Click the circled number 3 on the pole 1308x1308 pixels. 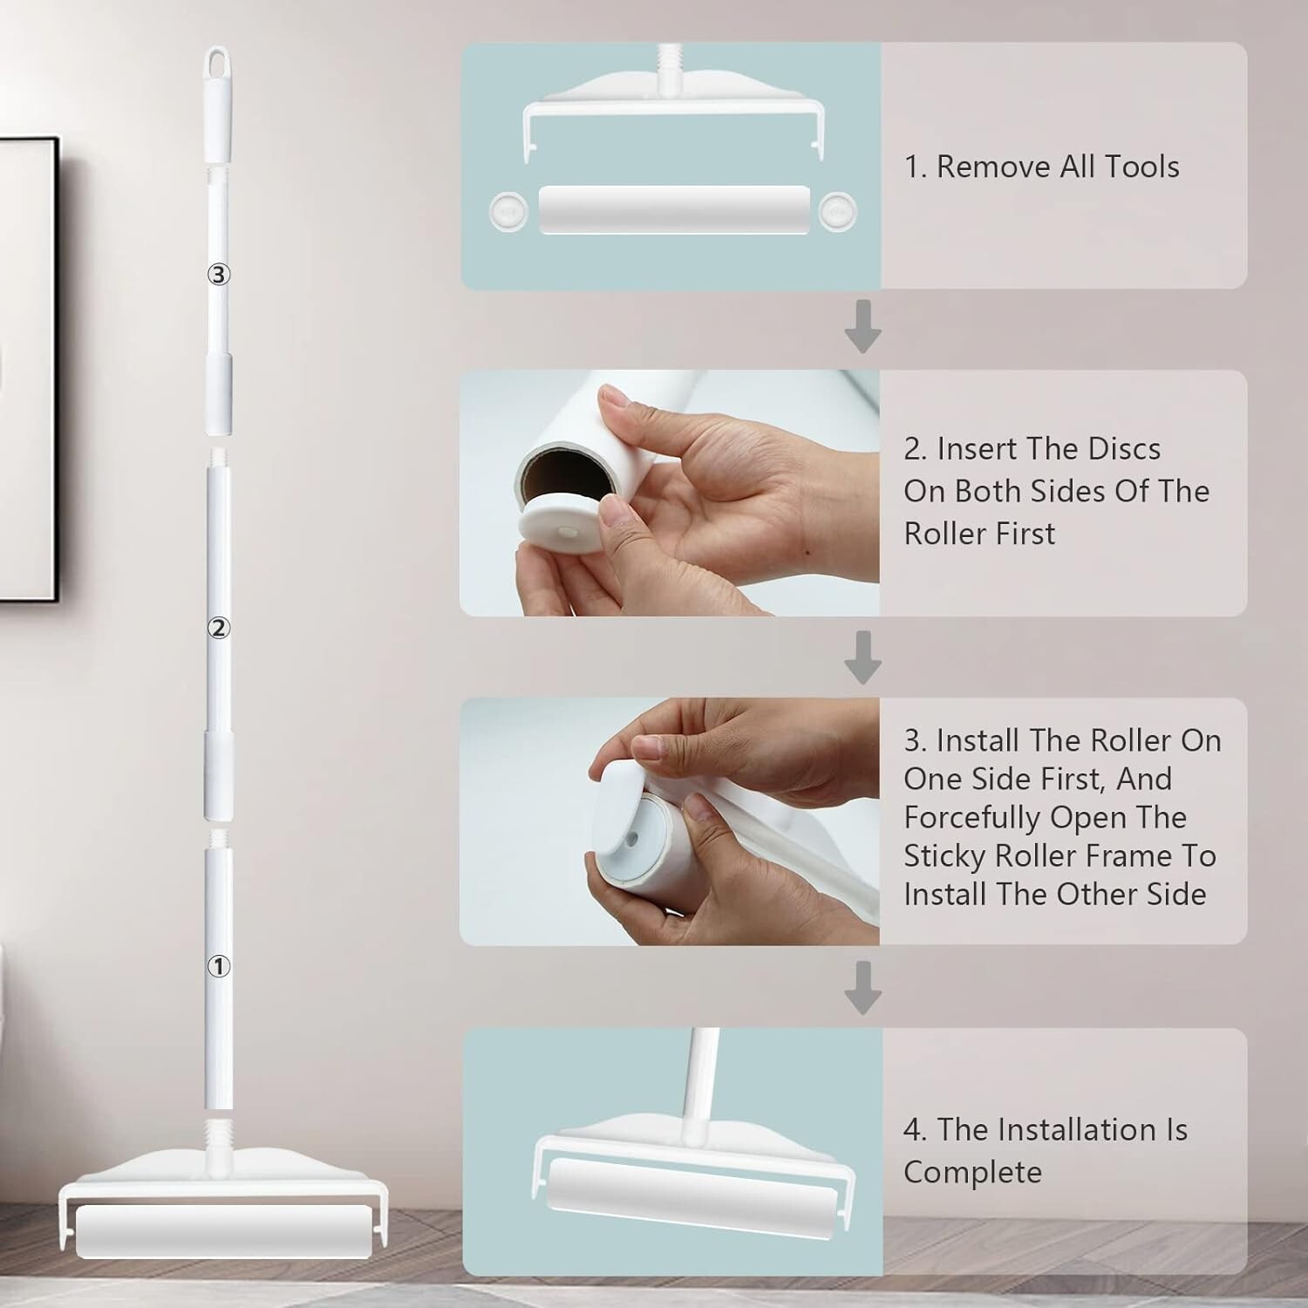(x=218, y=275)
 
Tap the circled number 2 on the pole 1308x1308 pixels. (x=218, y=628)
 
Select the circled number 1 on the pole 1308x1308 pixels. (x=218, y=966)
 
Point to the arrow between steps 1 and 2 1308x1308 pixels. (x=862, y=327)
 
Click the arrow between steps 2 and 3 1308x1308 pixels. (x=862, y=658)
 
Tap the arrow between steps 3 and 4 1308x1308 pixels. (x=862, y=988)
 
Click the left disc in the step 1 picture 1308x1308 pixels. (x=508, y=210)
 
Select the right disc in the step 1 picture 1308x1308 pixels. (x=838, y=210)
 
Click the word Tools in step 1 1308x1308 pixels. (x=1142, y=167)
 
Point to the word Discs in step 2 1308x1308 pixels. (x=1119, y=449)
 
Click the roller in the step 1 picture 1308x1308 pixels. (x=674, y=209)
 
